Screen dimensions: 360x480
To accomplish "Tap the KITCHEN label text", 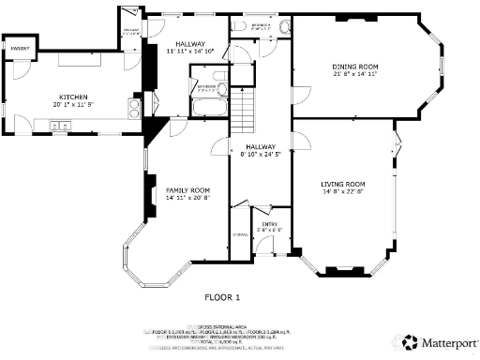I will [73, 97].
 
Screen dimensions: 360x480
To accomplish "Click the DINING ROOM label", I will [354, 67].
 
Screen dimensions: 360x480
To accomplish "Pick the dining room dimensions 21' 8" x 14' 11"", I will [354, 75].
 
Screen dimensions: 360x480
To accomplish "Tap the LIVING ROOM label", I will [342, 184].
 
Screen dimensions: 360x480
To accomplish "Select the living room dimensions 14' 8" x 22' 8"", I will [342, 192].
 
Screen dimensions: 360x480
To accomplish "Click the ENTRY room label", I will [270, 224].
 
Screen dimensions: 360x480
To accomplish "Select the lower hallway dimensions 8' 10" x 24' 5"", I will [261, 155].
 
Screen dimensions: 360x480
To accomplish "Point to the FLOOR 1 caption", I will [222, 297].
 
